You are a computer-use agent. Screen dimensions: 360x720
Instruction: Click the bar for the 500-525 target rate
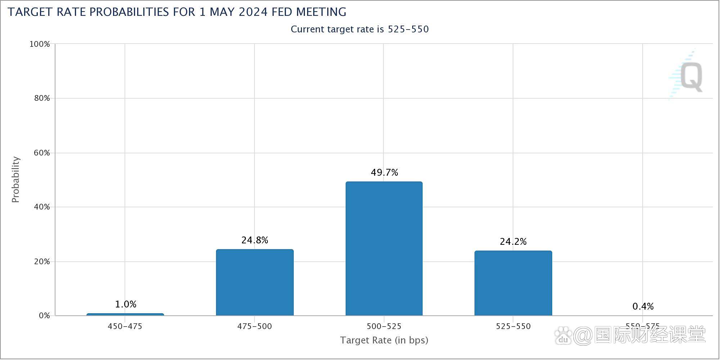point(384,248)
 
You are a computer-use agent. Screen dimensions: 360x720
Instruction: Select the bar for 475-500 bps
point(255,282)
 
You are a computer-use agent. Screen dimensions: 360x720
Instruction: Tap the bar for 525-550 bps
point(513,283)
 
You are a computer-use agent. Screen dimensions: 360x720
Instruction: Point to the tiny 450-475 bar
point(125,315)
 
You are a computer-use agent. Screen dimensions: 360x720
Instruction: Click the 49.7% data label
point(384,173)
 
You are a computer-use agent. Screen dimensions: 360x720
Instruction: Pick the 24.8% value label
point(255,240)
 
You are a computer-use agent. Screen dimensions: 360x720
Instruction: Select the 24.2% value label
point(513,242)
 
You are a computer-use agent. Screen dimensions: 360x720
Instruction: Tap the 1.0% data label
point(125,304)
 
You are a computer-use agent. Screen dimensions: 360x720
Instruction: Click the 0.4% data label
point(643,306)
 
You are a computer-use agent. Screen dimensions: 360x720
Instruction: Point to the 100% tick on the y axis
point(40,44)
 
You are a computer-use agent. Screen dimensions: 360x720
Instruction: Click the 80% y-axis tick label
point(42,98)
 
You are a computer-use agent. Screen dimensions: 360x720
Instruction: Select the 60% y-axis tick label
point(42,153)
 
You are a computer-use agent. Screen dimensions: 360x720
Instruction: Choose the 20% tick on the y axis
point(42,262)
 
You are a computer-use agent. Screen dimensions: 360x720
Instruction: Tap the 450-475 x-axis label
point(125,327)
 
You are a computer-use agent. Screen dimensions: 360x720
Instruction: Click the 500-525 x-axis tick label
point(384,327)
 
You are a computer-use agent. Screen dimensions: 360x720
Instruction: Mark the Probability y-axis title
point(15,179)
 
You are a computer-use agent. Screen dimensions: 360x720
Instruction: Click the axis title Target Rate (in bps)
point(384,340)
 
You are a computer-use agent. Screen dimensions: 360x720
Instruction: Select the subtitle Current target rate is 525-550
point(360,29)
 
